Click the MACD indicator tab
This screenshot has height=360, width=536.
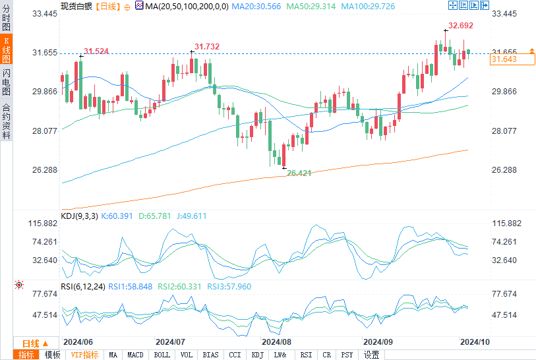135,355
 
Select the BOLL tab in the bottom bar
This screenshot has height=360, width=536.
162,355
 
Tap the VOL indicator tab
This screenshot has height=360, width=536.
187,355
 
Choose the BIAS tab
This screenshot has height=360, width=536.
210,355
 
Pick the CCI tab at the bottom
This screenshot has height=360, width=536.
235,355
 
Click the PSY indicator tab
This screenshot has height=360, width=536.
347,355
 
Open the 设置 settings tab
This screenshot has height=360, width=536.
372,355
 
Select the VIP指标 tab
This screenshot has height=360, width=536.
84,355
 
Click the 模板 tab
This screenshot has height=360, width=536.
52,355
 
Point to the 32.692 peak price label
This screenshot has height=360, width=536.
460,26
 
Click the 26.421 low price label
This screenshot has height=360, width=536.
299,172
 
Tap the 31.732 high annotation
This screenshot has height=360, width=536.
207,47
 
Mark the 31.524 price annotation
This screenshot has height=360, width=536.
96,51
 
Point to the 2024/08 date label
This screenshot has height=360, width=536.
276,342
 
